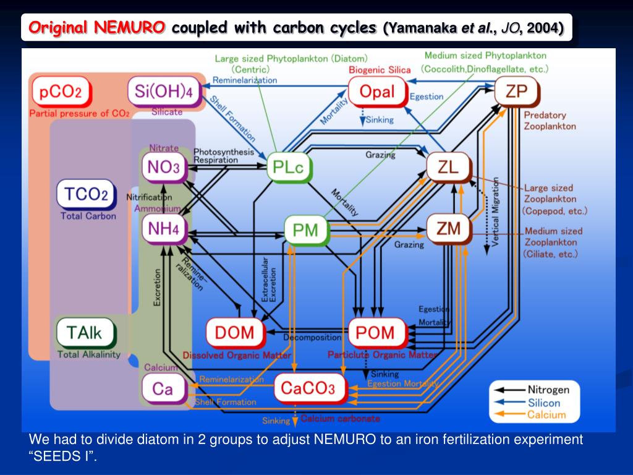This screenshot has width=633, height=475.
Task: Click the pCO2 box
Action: [x=61, y=93]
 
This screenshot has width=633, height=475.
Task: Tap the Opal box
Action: [x=376, y=92]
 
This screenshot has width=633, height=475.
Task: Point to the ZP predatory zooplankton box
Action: [x=516, y=92]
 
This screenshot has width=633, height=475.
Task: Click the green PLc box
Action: [x=289, y=168]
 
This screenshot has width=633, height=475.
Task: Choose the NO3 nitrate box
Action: [x=163, y=167]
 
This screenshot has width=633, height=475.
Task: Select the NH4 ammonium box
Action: [x=163, y=228]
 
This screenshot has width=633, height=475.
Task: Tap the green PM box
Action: [x=305, y=230]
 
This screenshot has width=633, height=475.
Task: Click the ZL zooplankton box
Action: [x=448, y=167]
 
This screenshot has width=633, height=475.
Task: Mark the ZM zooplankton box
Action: [x=448, y=228]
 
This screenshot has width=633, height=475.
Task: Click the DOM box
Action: [x=234, y=332]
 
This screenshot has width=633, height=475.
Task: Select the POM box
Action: [x=376, y=332]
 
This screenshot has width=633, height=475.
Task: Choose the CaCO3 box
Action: [x=307, y=388]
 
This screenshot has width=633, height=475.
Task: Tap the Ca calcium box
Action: [x=163, y=388]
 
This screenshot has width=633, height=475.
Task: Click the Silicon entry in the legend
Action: [x=543, y=403]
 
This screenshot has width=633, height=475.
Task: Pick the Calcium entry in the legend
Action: [x=546, y=414]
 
